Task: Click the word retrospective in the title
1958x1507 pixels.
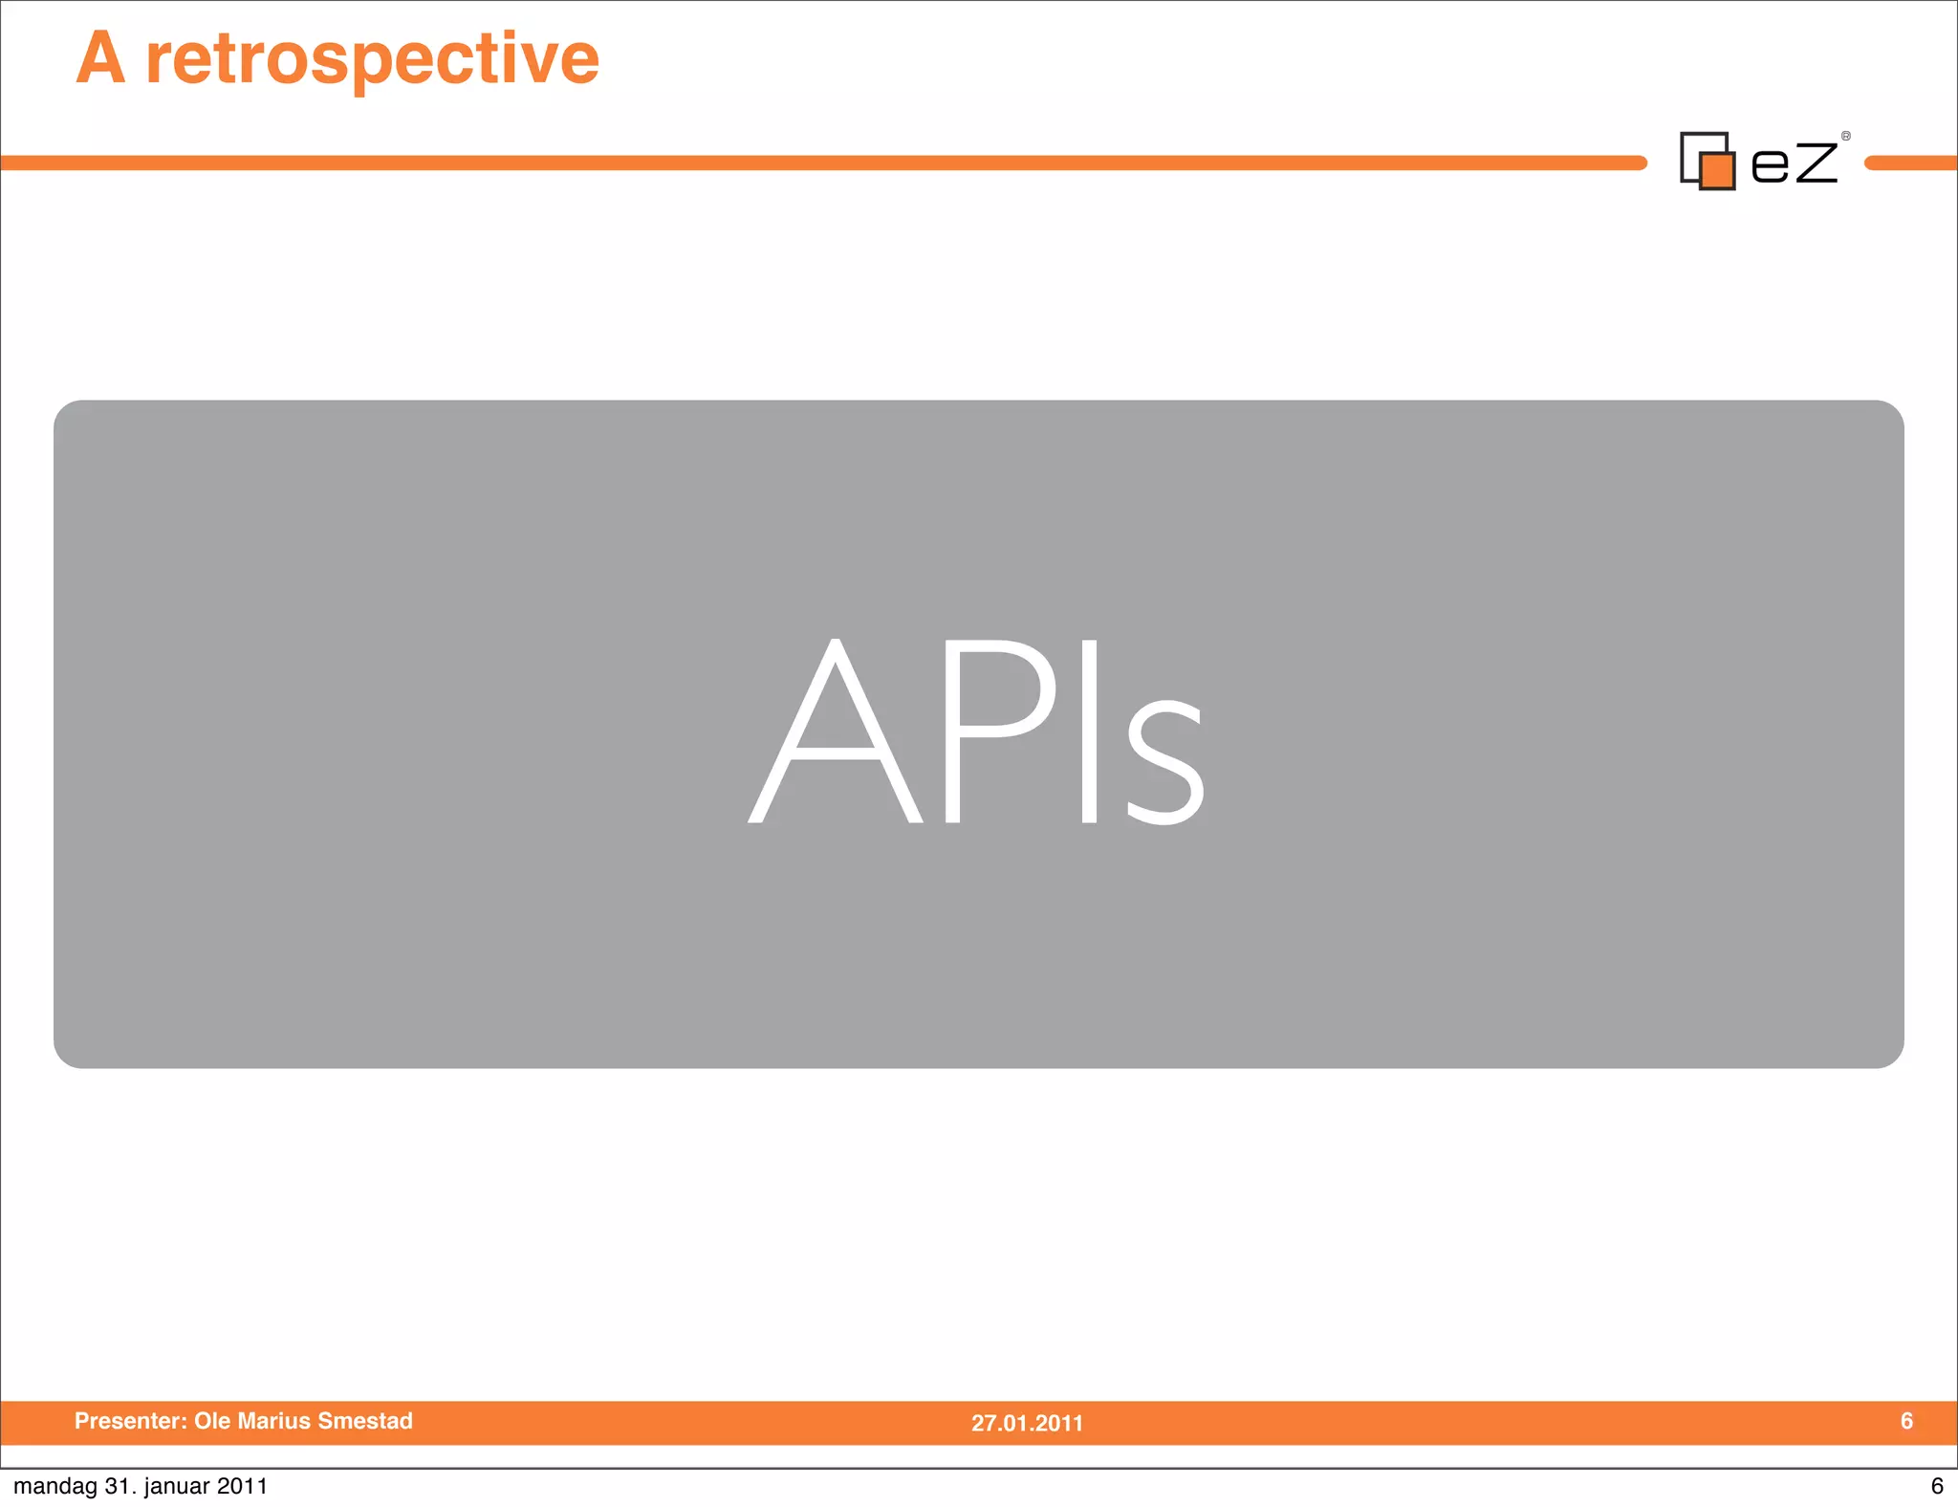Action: (x=373, y=59)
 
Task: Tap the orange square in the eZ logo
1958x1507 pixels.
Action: (x=1718, y=171)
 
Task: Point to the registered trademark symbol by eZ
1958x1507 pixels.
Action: (x=1846, y=136)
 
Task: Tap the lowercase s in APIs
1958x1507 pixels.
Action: (x=1164, y=760)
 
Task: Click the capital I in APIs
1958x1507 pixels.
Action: (x=1089, y=732)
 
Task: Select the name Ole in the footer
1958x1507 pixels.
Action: (x=212, y=1421)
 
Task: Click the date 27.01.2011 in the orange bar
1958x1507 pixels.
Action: (x=1027, y=1423)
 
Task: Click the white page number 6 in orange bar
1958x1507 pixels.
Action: (x=1906, y=1421)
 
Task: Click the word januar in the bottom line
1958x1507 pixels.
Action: (x=176, y=1487)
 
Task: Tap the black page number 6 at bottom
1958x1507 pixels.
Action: (x=1937, y=1486)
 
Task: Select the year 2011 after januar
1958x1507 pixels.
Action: (x=242, y=1486)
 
